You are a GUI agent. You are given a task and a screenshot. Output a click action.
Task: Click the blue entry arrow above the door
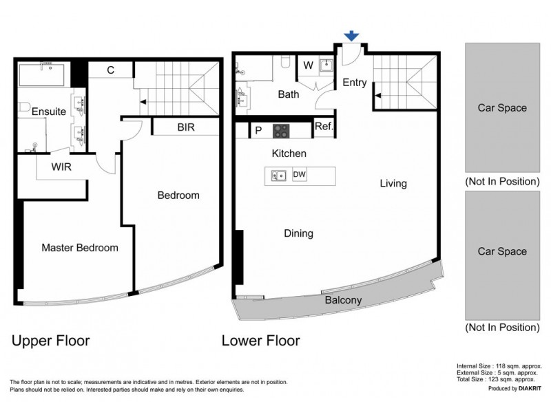click(x=352, y=36)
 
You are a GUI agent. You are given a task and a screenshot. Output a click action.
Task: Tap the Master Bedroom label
click(x=79, y=248)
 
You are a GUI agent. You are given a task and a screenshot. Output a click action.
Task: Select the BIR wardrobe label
click(x=186, y=127)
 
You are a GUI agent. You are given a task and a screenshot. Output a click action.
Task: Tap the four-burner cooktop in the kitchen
click(x=281, y=129)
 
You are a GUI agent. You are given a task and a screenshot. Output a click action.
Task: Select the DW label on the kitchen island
click(x=300, y=175)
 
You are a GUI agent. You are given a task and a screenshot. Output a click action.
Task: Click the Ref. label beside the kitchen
click(x=322, y=127)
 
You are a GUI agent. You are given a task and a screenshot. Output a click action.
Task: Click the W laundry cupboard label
click(x=308, y=66)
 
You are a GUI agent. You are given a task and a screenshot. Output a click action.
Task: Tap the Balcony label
click(x=343, y=300)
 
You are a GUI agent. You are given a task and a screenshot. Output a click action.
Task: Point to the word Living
click(x=393, y=184)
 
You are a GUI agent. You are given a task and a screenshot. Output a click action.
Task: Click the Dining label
click(x=298, y=233)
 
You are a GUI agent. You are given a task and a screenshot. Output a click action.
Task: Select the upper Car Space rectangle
click(x=502, y=107)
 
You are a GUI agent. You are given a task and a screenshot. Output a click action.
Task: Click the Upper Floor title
click(x=50, y=341)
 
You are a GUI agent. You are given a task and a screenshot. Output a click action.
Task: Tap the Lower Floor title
click(x=260, y=341)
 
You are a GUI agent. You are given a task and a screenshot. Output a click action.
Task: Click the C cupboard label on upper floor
click(x=110, y=70)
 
